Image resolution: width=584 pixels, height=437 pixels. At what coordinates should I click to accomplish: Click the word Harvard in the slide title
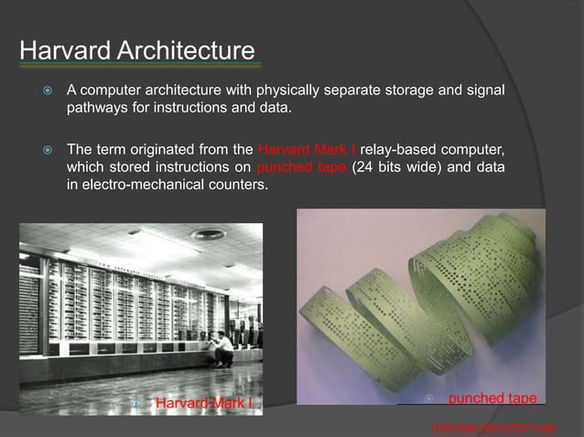[61, 49]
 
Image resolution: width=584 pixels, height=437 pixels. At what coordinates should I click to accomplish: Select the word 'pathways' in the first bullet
[96, 110]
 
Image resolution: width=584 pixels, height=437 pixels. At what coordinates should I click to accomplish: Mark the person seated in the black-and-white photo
[222, 347]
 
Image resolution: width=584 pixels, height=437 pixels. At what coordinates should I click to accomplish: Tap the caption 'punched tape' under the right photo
[492, 400]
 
